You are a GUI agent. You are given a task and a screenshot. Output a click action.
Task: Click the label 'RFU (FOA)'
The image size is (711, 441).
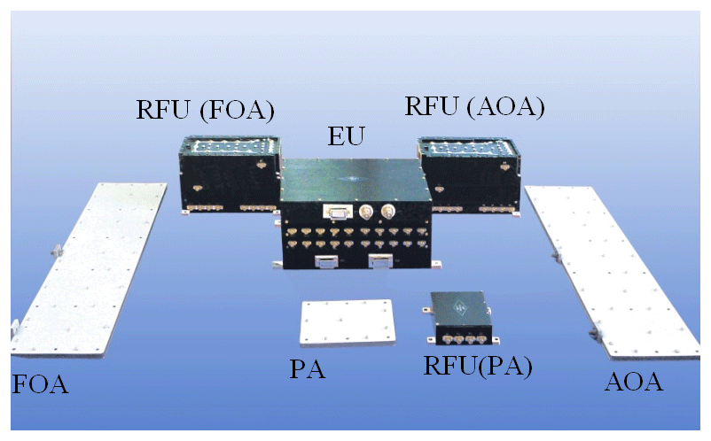[x=205, y=110]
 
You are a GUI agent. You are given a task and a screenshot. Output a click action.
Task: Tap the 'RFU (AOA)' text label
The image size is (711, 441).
[x=473, y=106]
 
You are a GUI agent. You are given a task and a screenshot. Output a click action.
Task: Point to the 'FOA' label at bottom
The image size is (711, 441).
[x=40, y=385]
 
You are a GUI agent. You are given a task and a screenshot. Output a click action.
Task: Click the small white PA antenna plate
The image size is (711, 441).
[x=346, y=325]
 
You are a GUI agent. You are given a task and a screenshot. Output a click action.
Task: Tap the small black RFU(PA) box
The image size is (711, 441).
[x=462, y=314]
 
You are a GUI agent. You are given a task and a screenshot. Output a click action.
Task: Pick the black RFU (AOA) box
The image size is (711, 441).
[x=470, y=172]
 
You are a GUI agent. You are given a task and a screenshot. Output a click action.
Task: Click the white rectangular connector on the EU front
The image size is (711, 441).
[x=335, y=212]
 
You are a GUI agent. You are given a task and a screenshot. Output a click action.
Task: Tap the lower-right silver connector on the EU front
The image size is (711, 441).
[x=379, y=260]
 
